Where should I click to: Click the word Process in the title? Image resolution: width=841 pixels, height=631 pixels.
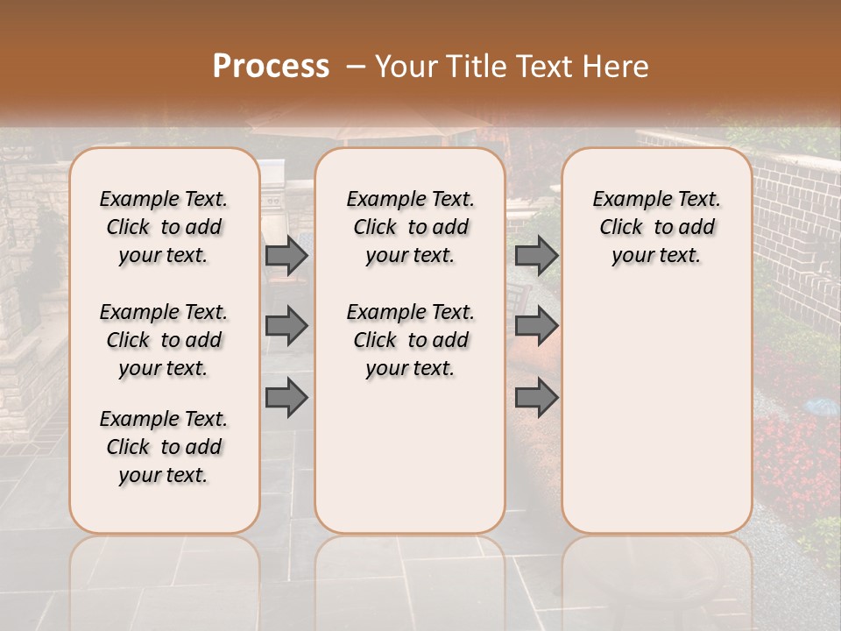tap(271, 66)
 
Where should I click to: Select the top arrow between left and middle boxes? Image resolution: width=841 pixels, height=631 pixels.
tap(286, 255)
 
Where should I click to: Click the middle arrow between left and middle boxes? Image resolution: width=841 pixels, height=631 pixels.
tap(286, 326)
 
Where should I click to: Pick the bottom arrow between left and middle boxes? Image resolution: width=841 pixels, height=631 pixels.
tap(286, 397)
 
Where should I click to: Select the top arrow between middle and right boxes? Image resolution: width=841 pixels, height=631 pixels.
tap(536, 255)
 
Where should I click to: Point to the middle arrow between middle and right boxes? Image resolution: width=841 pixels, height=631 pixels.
tap(536, 326)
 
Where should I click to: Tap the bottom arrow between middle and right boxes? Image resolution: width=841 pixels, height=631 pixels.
tap(536, 397)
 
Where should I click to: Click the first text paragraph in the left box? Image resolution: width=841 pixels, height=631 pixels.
tap(164, 227)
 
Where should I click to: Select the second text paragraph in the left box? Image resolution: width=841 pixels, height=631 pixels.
tap(164, 340)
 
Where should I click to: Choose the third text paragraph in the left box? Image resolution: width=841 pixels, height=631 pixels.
tap(164, 447)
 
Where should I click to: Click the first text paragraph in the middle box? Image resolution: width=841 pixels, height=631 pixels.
tap(410, 227)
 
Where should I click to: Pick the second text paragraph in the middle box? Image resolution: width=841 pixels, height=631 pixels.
tap(410, 340)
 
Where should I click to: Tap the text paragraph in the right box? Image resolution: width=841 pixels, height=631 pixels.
tap(657, 227)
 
